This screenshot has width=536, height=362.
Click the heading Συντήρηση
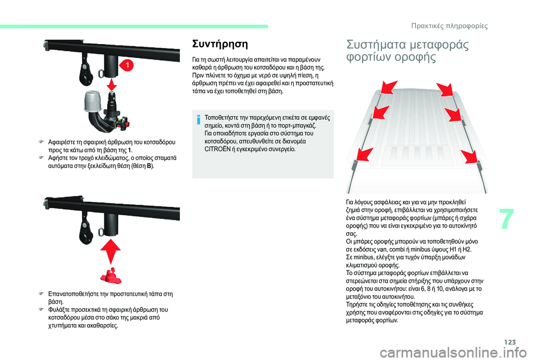coord(220,42)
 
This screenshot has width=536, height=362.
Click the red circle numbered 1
coord(128,66)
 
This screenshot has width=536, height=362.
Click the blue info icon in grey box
coord(198,119)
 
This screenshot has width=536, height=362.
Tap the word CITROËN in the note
coord(219,149)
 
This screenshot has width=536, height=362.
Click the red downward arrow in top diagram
coord(112,83)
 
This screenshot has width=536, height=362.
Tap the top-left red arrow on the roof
coord(386,89)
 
